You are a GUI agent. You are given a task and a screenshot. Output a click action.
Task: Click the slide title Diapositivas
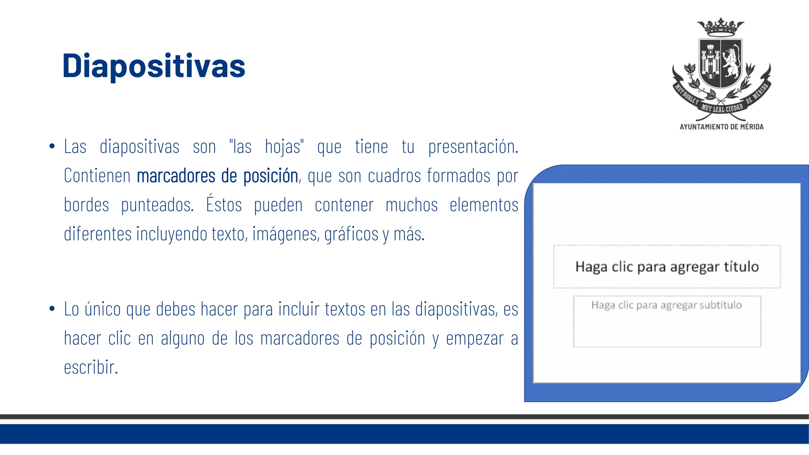tap(154, 66)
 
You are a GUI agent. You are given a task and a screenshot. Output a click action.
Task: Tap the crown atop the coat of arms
tap(721, 27)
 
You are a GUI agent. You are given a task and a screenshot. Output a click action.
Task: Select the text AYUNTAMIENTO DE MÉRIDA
tap(721, 127)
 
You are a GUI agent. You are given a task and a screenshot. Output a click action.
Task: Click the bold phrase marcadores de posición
tap(217, 176)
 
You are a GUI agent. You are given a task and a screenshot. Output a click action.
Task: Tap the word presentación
tap(473, 147)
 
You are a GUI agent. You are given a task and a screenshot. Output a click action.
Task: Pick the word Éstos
tap(224, 205)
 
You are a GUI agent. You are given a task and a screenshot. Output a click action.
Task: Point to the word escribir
tap(91, 367)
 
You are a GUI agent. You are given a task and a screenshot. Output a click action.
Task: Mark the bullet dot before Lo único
tap(52, 309)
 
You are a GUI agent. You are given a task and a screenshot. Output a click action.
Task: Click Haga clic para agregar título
tap(667, 267)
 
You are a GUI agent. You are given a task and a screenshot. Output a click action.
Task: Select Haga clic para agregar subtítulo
tap(666, 305)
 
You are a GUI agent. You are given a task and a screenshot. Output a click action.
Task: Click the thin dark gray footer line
tap(404, 417)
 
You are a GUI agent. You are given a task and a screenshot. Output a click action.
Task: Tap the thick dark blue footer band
tap(404, 434)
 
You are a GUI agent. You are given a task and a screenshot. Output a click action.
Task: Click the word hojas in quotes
tap(283, 147)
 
